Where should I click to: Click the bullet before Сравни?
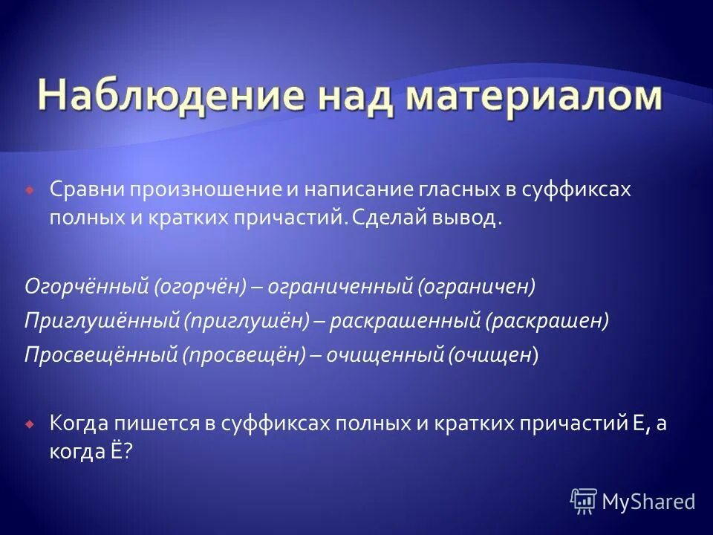(x=29, y=191)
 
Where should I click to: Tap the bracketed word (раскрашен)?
(x=548, y=321)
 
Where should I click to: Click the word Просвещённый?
(x=99, y=355)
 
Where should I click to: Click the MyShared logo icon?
(x=583, y=500)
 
